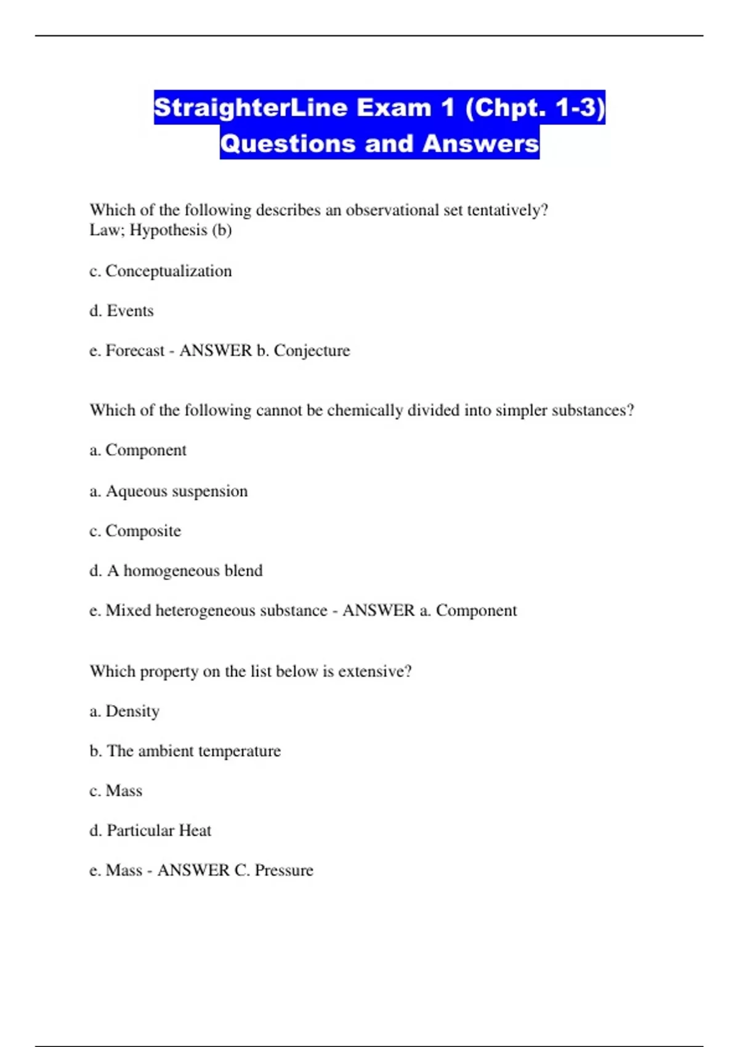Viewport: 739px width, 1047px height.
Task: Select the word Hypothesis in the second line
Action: [x=168, y=230]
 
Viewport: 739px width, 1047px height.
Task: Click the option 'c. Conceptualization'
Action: [x=161, y=271]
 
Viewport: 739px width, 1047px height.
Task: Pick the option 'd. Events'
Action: [x=121, y=311]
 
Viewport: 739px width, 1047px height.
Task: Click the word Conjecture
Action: [x=312, y=350]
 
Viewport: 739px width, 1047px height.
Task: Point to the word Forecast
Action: [x=135, y=350]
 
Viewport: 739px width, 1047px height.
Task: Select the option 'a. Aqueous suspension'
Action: [x=169, y=491]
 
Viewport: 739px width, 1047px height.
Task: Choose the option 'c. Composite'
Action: [x=135, y=531]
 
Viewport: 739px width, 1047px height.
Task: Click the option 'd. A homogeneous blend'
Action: [x=176, y=571]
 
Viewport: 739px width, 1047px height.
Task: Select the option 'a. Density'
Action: [x=124, y=711]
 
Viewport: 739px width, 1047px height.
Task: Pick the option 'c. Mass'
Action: [x=116, y=791]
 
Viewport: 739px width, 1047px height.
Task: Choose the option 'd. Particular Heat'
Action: [x=150, y=831]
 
